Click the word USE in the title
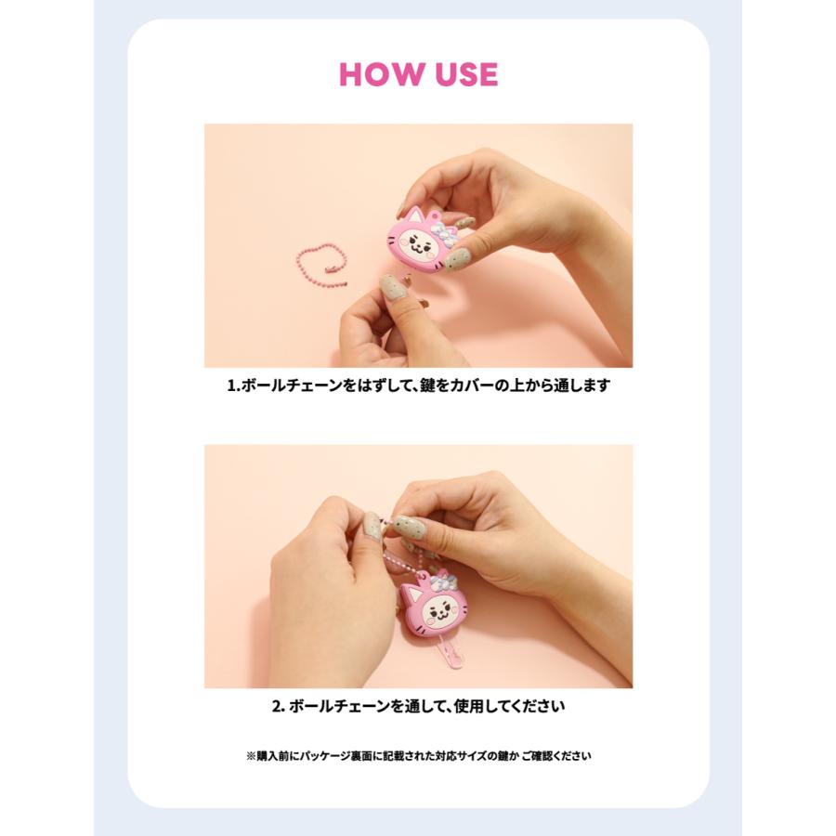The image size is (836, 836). [x=466, y=74]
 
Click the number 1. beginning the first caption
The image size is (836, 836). [x=233, y=385]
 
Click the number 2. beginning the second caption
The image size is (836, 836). [x=279, y=707]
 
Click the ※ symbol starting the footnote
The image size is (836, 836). [x=251, y=756]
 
